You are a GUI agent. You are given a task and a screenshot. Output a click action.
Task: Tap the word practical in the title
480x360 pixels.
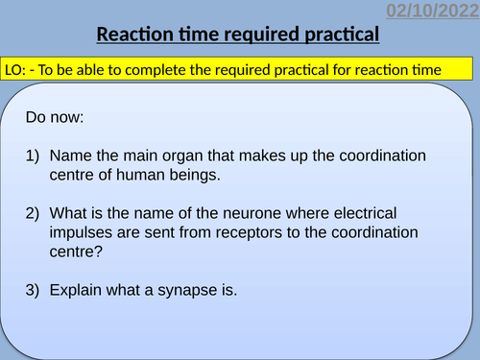coord(338,36)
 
